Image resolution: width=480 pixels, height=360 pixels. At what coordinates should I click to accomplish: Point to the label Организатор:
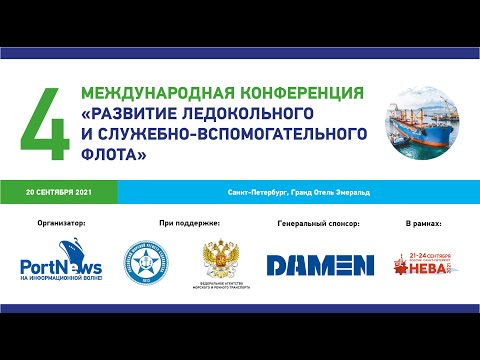pos(61,223)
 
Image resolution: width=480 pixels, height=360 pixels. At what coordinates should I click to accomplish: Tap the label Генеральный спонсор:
pos(318,223)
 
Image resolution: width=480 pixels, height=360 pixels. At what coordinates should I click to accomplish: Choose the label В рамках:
pos(425,223)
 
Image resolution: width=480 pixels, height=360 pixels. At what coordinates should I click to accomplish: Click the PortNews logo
pos(61,265)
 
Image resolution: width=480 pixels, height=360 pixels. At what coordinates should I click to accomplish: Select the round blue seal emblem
pos(146,263)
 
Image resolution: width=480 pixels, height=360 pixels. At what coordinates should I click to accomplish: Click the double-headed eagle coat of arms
pos(220,262)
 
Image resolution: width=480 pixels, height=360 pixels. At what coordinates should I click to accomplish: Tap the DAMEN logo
pos(317,264)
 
